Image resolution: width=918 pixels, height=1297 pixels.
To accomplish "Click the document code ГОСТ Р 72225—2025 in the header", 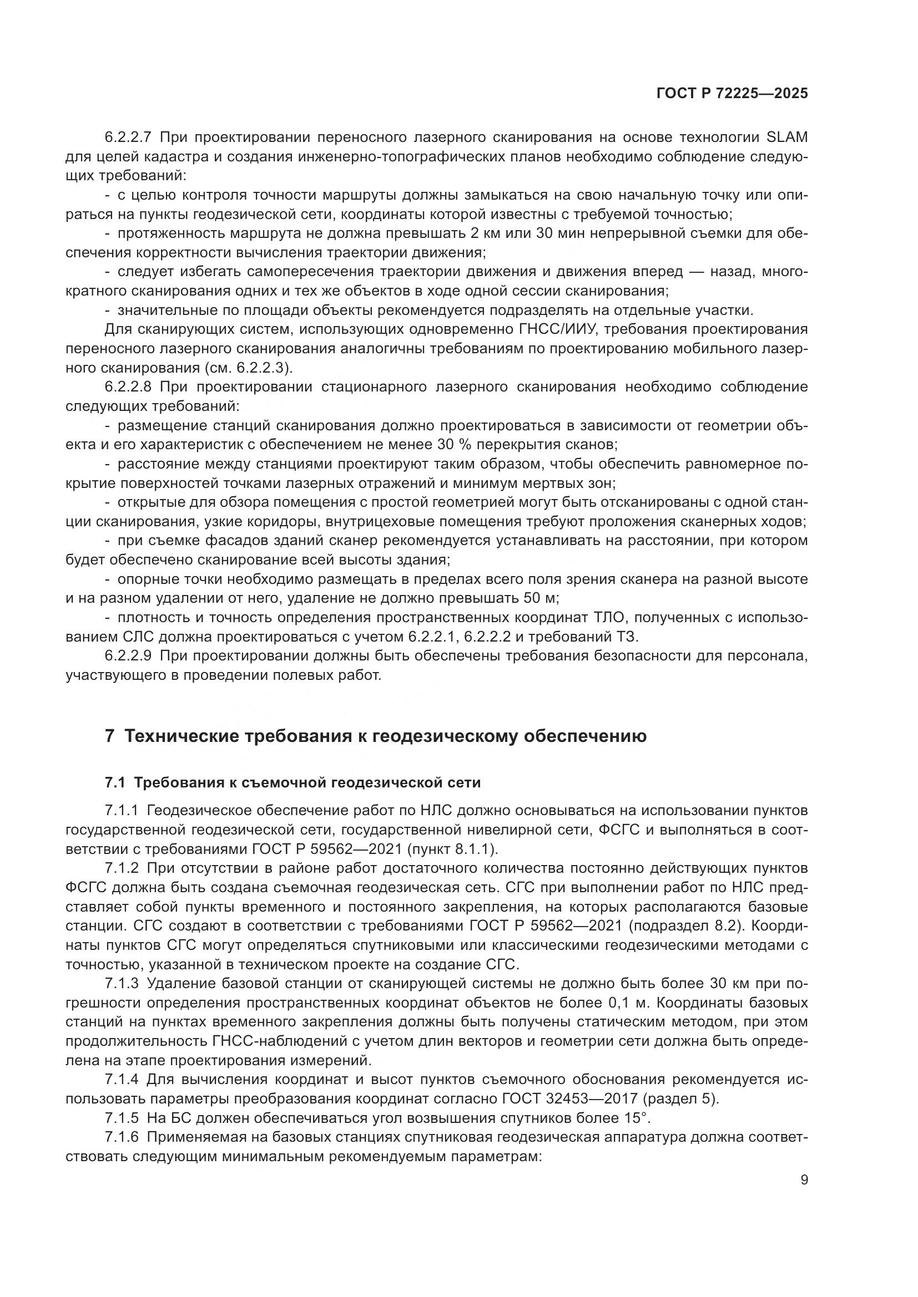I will (732, 94).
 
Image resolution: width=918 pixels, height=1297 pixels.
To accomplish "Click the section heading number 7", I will (110, 736).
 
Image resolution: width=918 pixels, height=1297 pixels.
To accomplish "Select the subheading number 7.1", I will (115, 782).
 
